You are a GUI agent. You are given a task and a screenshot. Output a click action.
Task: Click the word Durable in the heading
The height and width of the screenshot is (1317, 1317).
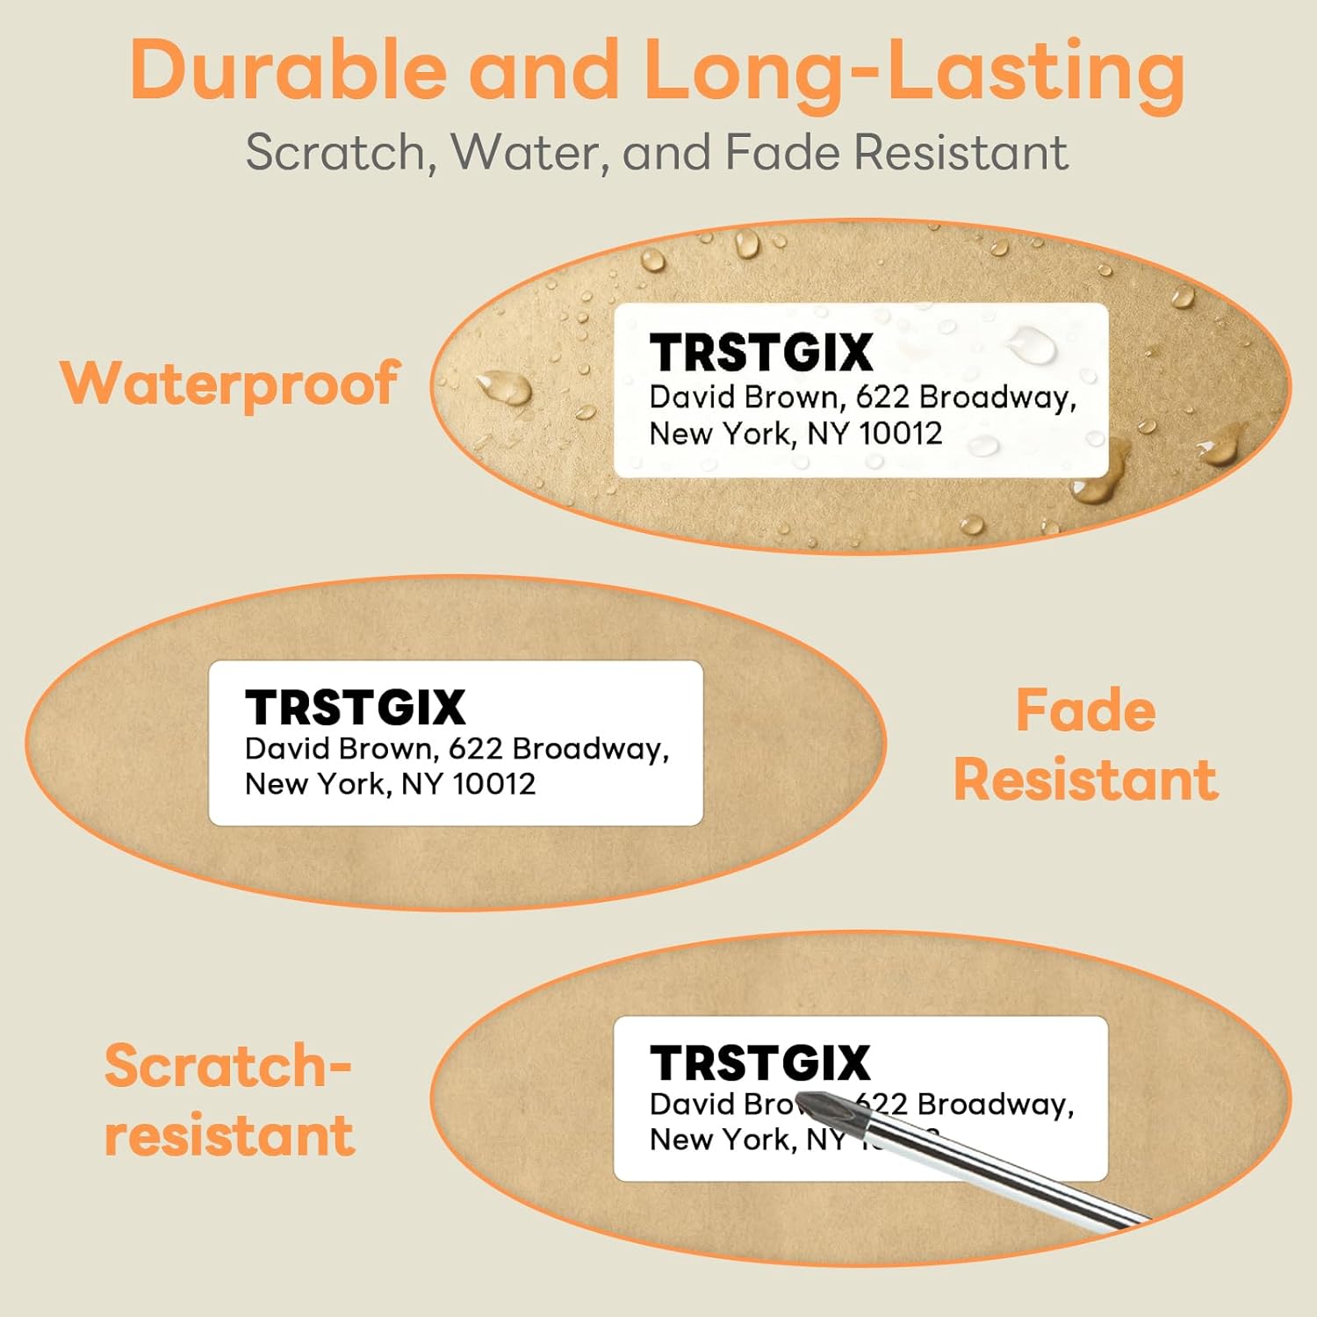pyautogui.click(x=288, y=70)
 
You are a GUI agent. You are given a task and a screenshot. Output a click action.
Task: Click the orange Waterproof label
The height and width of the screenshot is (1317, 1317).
pyautogui.click(x=230, y=385)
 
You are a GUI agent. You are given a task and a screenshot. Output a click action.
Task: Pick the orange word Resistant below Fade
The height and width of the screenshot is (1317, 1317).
pyautogui.click(x=1086, y=780)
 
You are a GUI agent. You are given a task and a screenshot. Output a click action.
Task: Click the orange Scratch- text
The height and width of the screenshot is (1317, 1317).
pyautogui.click(x=227, y=1066)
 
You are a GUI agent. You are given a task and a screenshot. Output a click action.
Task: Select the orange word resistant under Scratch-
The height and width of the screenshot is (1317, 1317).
pyautogui.click(x=229, y=1134)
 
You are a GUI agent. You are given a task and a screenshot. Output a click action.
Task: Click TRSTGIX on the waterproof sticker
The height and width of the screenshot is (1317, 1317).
pyautogui.click(x=761, y=353)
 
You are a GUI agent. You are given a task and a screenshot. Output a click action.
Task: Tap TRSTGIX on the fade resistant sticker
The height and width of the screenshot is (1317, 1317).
pyautogui.click(x=356, y=708)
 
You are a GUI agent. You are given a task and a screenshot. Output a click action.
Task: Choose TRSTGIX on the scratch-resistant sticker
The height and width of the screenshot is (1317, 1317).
pyautogui.click(x=760, y=1063)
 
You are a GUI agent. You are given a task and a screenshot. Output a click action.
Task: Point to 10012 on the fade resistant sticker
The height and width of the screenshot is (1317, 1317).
pyautogui.click(x=494, y=783)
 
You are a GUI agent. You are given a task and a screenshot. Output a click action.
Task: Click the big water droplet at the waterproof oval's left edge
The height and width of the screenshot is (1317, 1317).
pyautogui.click(x=504, y=388)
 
